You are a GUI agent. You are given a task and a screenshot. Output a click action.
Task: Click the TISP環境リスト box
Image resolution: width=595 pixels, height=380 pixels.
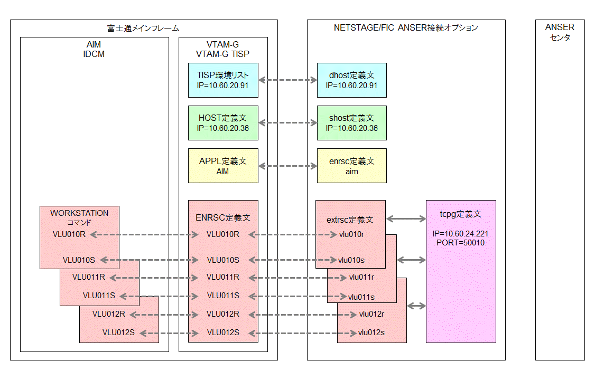pos(223,80)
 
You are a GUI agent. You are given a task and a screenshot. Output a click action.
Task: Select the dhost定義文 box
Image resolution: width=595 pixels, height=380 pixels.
pos(352,80)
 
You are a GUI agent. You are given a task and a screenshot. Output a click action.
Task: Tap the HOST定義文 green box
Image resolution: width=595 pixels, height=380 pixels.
pos(223,123)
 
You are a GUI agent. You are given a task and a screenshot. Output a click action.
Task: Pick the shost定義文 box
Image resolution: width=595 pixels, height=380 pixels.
pos(352,123)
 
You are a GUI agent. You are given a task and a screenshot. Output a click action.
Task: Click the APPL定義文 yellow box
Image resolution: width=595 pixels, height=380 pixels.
pos(223,166)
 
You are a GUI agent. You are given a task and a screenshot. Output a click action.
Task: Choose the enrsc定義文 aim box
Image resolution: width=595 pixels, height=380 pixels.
pos(352,166)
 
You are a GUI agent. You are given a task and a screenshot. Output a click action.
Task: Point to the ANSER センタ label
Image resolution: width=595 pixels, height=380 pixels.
pos(560,32)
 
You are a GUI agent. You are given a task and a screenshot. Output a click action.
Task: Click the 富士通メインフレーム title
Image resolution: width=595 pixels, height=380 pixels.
pos(143,28)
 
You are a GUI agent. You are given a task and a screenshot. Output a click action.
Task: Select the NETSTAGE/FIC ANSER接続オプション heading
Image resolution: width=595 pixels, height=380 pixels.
pos(406,27)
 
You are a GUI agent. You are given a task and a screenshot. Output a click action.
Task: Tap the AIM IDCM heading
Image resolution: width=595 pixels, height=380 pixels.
pos(94,49)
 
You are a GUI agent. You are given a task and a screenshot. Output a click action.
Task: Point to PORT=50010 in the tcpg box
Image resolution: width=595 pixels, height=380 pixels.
pos(460,243)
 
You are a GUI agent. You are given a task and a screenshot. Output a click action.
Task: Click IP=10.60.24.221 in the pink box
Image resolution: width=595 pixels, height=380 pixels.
pos(460,234)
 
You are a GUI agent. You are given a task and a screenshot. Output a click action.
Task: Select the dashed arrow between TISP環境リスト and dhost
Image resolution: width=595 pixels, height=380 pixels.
pos(287,80)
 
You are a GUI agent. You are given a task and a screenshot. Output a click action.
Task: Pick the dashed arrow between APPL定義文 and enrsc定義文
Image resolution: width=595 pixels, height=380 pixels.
pos(287,166)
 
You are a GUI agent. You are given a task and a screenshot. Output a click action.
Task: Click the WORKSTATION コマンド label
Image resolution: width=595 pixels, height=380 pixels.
pos(79,217)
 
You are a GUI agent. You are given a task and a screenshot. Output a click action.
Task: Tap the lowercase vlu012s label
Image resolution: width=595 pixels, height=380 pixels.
pos(371,332)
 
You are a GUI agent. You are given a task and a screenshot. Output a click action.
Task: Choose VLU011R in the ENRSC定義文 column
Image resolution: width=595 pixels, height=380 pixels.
pos(223,277)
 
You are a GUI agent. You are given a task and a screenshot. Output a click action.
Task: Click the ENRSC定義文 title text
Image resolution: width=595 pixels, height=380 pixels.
pos(223,218)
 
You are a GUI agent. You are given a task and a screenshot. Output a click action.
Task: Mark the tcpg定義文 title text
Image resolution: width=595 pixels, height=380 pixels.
pos(461,214)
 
